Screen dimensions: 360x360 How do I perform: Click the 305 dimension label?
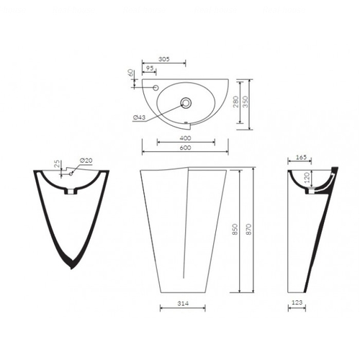(164, 59)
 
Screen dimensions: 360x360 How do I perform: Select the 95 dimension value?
(150, 68)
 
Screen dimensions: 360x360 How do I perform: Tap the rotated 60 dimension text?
(130, 73)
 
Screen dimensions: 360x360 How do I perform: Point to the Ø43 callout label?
(139, 117)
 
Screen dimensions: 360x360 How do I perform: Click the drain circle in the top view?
(186, 103)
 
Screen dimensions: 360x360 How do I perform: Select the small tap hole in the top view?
(156, 88)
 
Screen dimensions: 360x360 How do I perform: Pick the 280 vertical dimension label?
(236, 102)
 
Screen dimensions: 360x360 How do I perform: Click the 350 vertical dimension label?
(246, 102)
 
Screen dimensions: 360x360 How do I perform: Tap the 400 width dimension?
(186, 138)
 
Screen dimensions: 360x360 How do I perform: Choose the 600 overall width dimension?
(186, 148)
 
